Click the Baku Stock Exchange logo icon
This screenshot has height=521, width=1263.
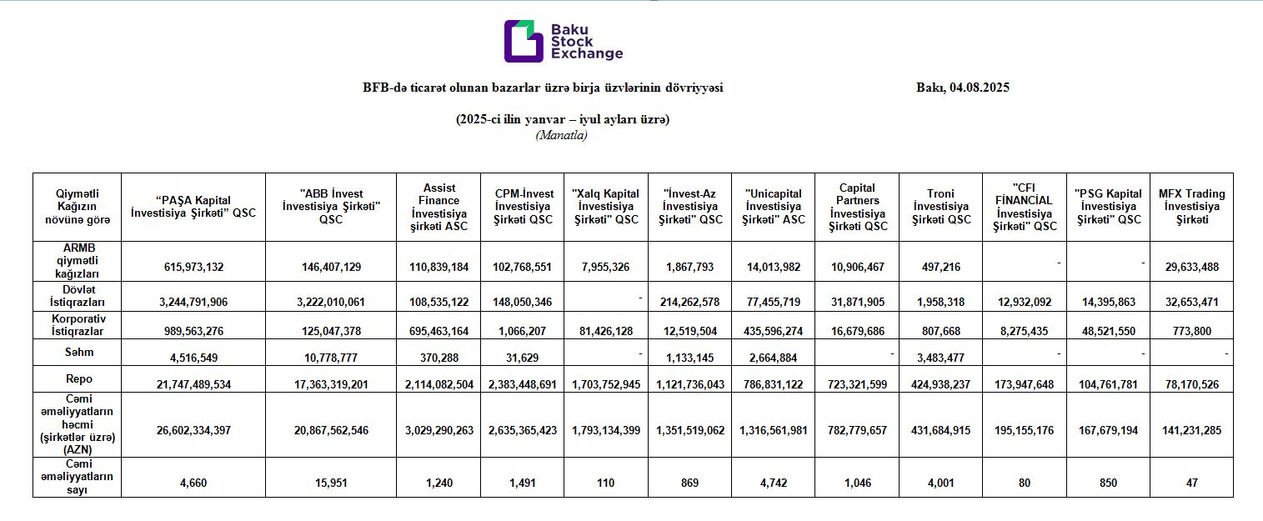click(524, 41)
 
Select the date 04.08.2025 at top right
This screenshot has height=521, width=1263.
click(980, 88)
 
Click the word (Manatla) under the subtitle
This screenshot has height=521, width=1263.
click(562, 135)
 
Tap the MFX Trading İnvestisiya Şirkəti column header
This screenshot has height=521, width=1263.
click(1192, 207)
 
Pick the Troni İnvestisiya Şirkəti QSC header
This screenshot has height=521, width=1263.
click(941, 207)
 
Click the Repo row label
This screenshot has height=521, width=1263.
click(79, 379)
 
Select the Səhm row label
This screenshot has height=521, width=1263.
click(79, 353)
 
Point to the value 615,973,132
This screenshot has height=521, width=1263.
click(193, 267)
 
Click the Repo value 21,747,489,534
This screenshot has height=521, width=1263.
click(193, 384)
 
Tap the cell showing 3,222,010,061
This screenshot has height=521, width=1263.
click(331, 302)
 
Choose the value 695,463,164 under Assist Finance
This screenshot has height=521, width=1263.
click(439, 331)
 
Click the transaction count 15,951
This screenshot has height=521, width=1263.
click(331, 483)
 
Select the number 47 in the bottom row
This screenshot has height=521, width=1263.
click(1192, 483)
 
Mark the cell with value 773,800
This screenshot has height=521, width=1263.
click(1192, 331)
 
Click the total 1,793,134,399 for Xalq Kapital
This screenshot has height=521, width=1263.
click(606, 430)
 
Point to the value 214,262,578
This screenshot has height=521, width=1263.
click(689, 302)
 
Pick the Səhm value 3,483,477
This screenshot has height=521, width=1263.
click(941, 358)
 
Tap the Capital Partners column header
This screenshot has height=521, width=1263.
click(858, 207)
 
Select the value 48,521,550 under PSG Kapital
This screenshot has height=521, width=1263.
click(1109, 331)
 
